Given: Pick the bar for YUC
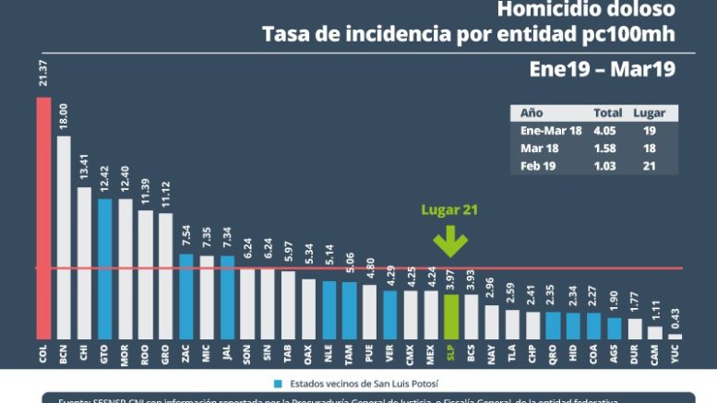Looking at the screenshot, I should click(x=675, y=336).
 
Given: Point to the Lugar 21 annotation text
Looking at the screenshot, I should click(x=449, y=210).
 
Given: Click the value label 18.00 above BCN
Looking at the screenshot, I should click(x=64, y=119).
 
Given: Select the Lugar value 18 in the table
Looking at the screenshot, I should click(x=651, y=147).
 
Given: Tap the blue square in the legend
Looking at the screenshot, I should click(x=277, y=381).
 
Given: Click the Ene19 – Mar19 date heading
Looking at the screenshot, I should click(x=602, y=69).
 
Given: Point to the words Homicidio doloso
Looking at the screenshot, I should click(x=586, y=11).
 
